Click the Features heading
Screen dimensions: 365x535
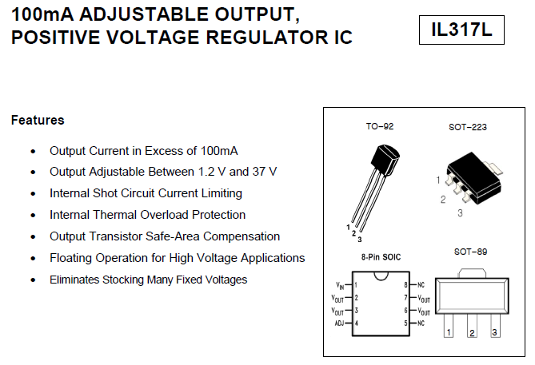click(38, 121)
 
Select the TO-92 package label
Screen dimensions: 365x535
click(380, 126)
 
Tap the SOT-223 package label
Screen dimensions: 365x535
click(468, 126)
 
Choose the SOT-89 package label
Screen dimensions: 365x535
click(471, 252)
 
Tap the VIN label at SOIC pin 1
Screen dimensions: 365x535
click(340, 284)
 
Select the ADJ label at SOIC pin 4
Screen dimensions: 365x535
click(339, 323)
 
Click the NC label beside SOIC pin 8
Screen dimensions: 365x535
click(421, 284)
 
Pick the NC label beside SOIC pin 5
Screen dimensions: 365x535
click(421, 323)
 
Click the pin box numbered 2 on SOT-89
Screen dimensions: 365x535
click(473, 331)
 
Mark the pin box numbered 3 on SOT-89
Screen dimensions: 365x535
click(495, 331)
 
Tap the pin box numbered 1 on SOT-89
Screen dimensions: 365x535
click(449, 331)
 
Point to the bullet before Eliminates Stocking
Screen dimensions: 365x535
click(33, 280)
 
